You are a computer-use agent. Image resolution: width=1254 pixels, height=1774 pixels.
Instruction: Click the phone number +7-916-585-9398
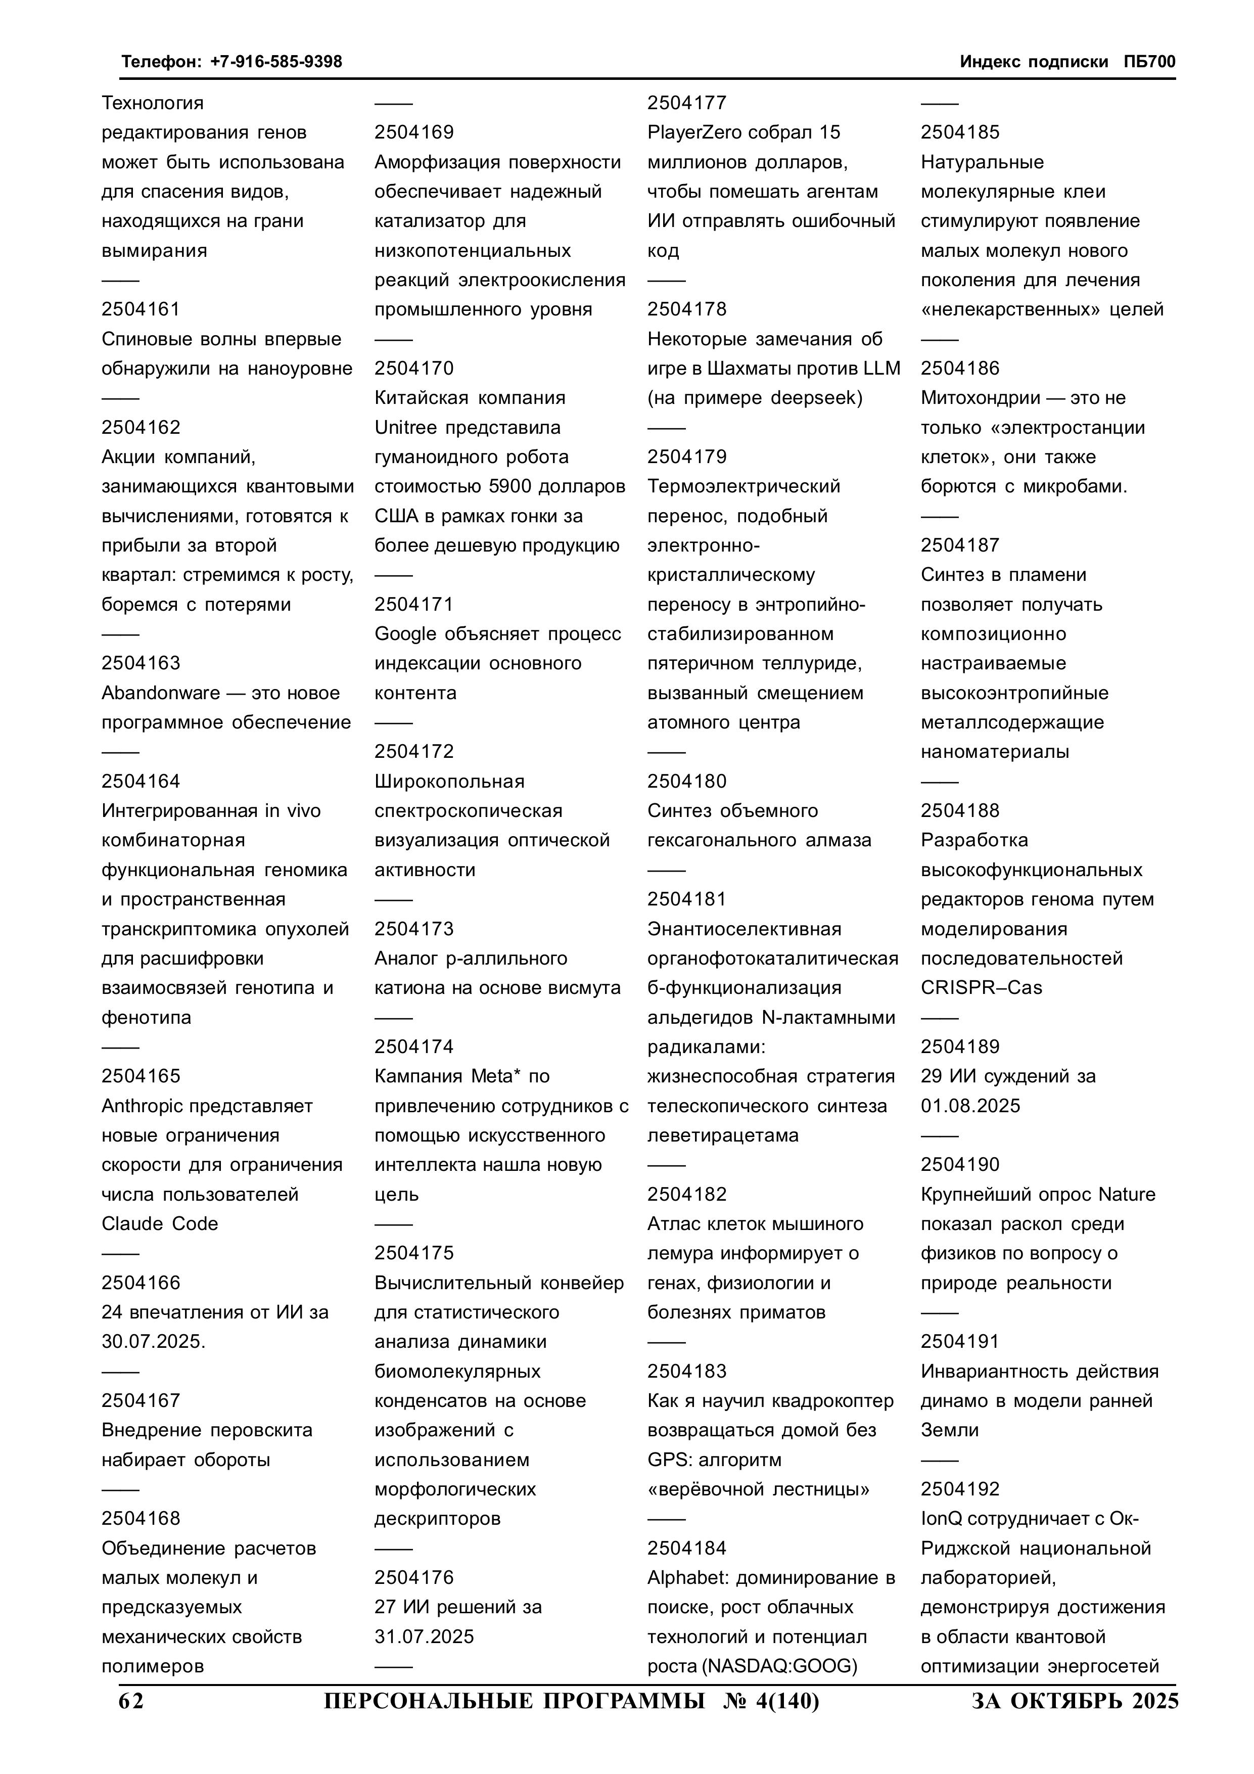276,62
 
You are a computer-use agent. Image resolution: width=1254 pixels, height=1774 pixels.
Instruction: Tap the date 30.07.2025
152,1342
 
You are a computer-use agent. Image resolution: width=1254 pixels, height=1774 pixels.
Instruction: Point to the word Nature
1127,1195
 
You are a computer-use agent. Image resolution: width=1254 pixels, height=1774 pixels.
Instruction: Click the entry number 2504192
960,1490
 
